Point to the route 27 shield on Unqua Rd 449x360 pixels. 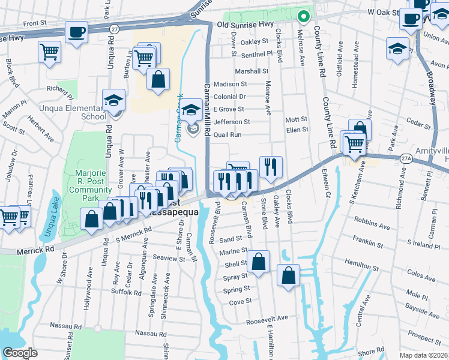[x=114, y=28]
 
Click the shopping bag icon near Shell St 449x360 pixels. [x=259, y=262]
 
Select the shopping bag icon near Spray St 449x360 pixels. [x=289, y=275]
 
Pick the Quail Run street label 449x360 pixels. [x=228, y=135]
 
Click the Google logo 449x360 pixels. [x=20, y=353]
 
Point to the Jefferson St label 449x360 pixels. [x=231, y=122]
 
